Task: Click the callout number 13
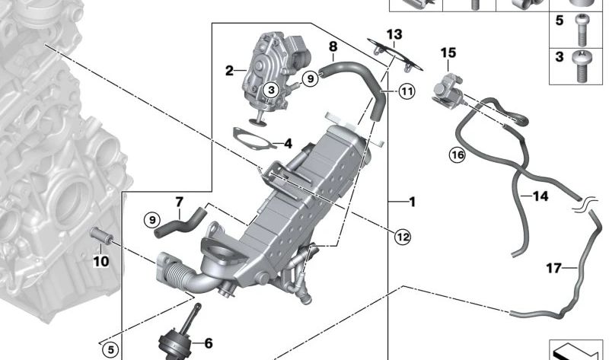(393, 34)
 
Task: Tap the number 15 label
(448, 53)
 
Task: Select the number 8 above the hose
(332, 47)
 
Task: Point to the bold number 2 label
(228, 72)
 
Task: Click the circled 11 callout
(407, 92)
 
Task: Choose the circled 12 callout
(403, 237)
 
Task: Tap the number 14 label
(540, 196)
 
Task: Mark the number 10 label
(101, 261)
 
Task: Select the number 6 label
(208, 344)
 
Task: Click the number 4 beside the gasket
(287, 143)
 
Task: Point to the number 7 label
(180, 202)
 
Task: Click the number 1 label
(412, 202)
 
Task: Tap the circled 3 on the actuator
(272, 91)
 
